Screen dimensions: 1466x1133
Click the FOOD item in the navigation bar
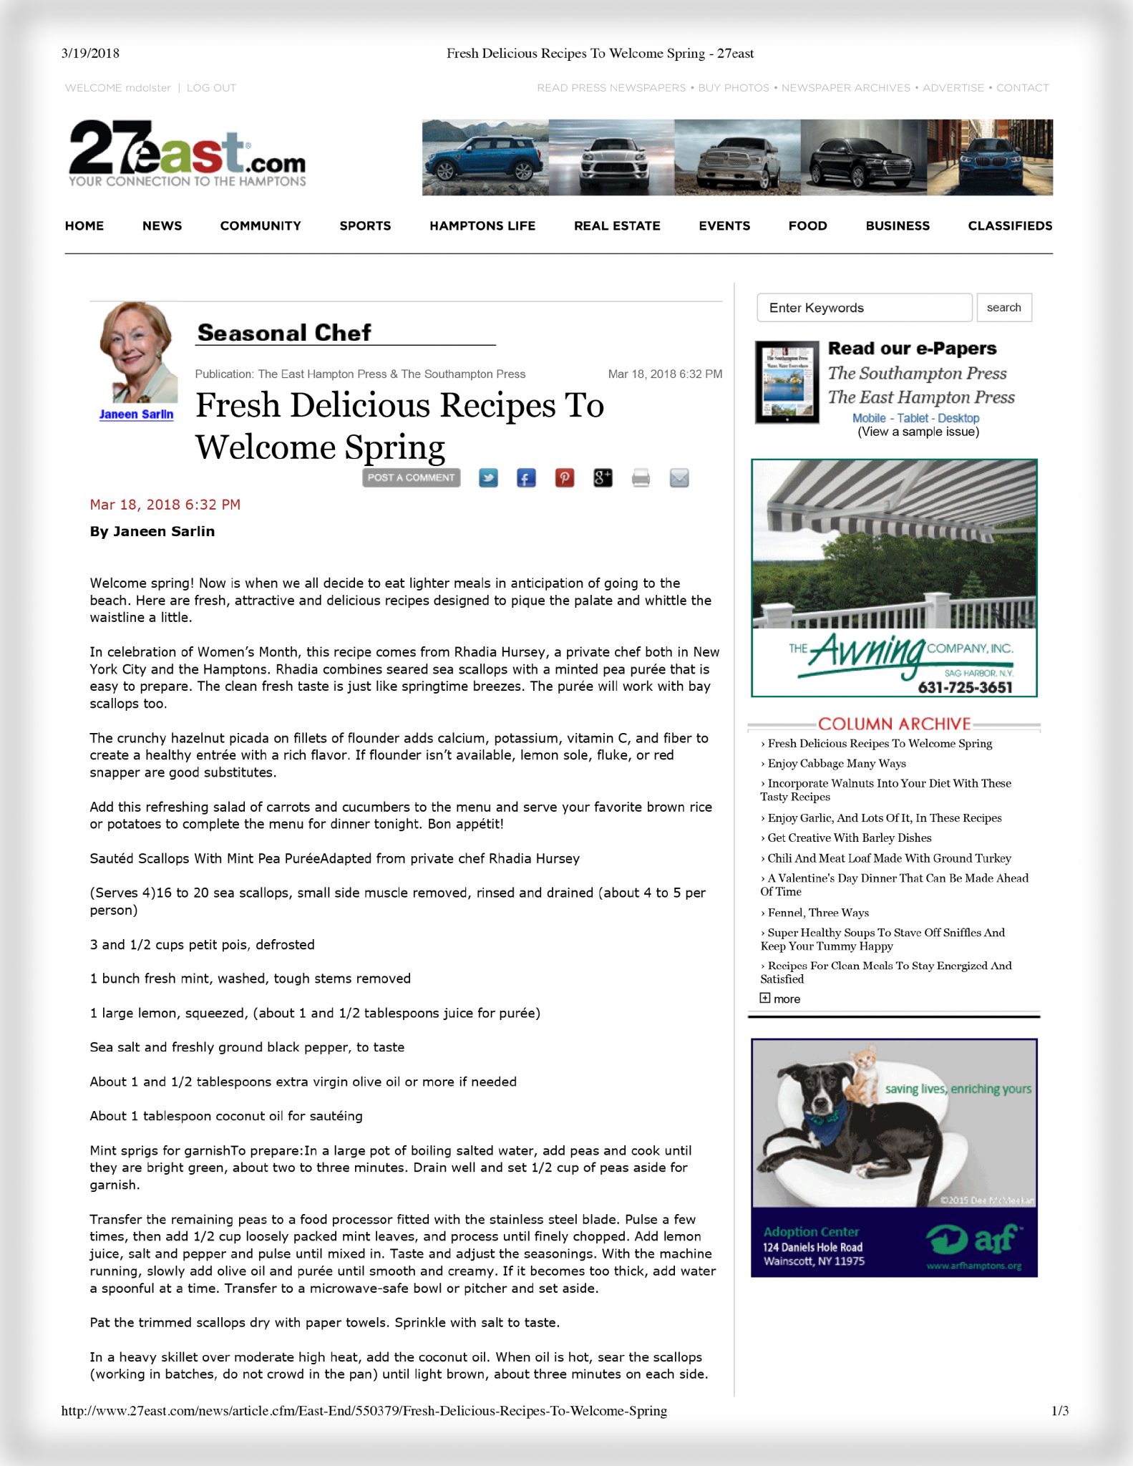click(807, 225)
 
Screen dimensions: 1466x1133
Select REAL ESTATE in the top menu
click(616, 225)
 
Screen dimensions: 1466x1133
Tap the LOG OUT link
click(211, 88)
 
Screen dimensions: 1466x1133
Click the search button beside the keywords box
click(1003, 308)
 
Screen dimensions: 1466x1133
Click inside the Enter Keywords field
click(864, 308)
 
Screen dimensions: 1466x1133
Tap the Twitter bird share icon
click(488, 478)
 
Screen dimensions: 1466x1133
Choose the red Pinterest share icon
click(565, 478)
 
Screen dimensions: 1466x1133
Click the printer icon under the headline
click(641, 478)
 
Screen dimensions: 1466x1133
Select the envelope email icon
click(679, 478)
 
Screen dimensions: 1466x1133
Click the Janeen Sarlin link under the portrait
click(136, 414)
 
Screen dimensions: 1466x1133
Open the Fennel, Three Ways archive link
click(818, 913)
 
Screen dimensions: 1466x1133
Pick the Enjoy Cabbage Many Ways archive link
click(836, 764)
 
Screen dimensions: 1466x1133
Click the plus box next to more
click(765, 998)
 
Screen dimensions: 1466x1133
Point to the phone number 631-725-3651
click(965, 688)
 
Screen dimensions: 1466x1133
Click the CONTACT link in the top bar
click(1022, 88)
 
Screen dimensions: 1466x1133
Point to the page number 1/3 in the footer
click(1059, 1411)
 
